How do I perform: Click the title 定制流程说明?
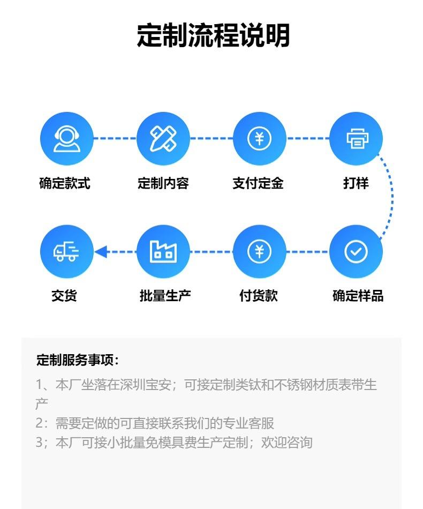[x=213, y=36]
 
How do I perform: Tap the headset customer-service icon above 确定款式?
[x=67, y=139]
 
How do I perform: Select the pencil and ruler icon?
[x=163, y=139]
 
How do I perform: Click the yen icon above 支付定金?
[x=260, y=139]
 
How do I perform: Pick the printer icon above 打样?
[x=356, y=139]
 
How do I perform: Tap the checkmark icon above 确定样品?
[x=356, y=251]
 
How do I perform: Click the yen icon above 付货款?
[x=260, y=251]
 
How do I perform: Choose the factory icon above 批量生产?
[x=163, y=251]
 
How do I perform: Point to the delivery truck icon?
[x=67, y=251]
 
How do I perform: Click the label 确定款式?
[x=65, y=183]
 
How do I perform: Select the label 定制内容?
[x=163, y=183]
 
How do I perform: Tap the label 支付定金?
[x=258, y=183]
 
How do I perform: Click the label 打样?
[x=356, y=183]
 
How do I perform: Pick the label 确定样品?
[x=358, y=295]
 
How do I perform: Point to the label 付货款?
[x=259, y=295]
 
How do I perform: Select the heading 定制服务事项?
[x=78, y=360]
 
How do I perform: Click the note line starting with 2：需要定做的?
[x=155, y=423]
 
